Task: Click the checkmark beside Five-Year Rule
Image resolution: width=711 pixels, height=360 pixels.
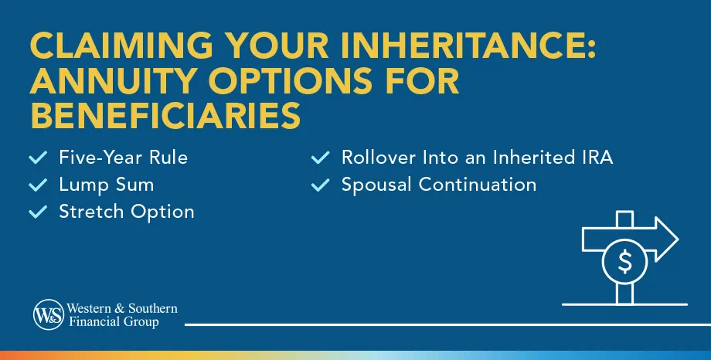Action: point(37,158)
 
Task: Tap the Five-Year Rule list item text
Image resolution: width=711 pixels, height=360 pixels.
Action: point(123,158)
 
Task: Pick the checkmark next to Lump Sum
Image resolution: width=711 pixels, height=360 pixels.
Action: point(37,185)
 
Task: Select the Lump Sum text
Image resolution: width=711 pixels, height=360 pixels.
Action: point(106,185)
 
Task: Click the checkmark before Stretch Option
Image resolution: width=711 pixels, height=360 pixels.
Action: point(37,211)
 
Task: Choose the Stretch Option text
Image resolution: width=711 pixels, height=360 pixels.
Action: point(126,211)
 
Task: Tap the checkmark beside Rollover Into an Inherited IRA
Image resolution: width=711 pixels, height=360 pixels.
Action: point(320,158)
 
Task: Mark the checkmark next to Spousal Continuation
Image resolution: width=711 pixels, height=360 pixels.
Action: point(320,185)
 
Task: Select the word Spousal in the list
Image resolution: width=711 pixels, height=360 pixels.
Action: point(376,185)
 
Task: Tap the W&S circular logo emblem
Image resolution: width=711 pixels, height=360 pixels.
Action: point(48,314)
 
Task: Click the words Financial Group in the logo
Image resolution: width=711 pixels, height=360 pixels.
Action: point(116,321)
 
